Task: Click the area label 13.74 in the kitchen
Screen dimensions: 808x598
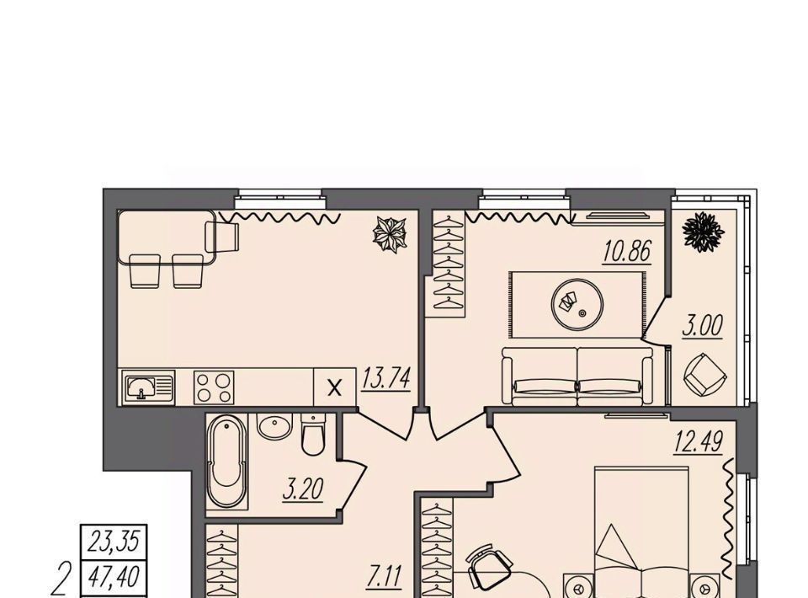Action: pyautogui.click(x=386, y=379)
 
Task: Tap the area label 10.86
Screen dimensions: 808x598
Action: pyautogui.click(x=627, y=252)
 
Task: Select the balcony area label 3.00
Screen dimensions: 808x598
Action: pyautogui.click(x=702, y=325)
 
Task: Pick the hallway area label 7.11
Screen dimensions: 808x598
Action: pyautogui.click(x=385, y=576)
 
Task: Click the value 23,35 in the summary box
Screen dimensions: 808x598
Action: pyautogui.click(x=114, y=542)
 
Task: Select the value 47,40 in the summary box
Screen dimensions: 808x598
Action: pyautogui.click(x=114, y=576)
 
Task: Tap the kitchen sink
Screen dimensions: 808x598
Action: pyautogui.click(x=149, y=387)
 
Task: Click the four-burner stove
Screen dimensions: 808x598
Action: pyautogui.click(x=214, y=387)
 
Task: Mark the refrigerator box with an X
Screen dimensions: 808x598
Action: pyautogui.click(x=335, y=387)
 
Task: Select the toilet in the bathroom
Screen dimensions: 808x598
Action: pyautogui.click(x=313, y=435)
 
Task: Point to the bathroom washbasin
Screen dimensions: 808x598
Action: pyautogui.click(x=274, y=426)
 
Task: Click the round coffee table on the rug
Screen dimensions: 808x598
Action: pyautogui.click(x=577, y=304)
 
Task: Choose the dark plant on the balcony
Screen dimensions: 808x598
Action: pyautogui.click(x=700, y=232)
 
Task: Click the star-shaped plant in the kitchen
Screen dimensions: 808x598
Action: pyautogui.click(x=390, y=234)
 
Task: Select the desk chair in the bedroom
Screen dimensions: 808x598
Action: pyautogui.click(x=487, y=569)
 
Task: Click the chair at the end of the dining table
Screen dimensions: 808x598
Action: pyautogui.click(x=222, y=237)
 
